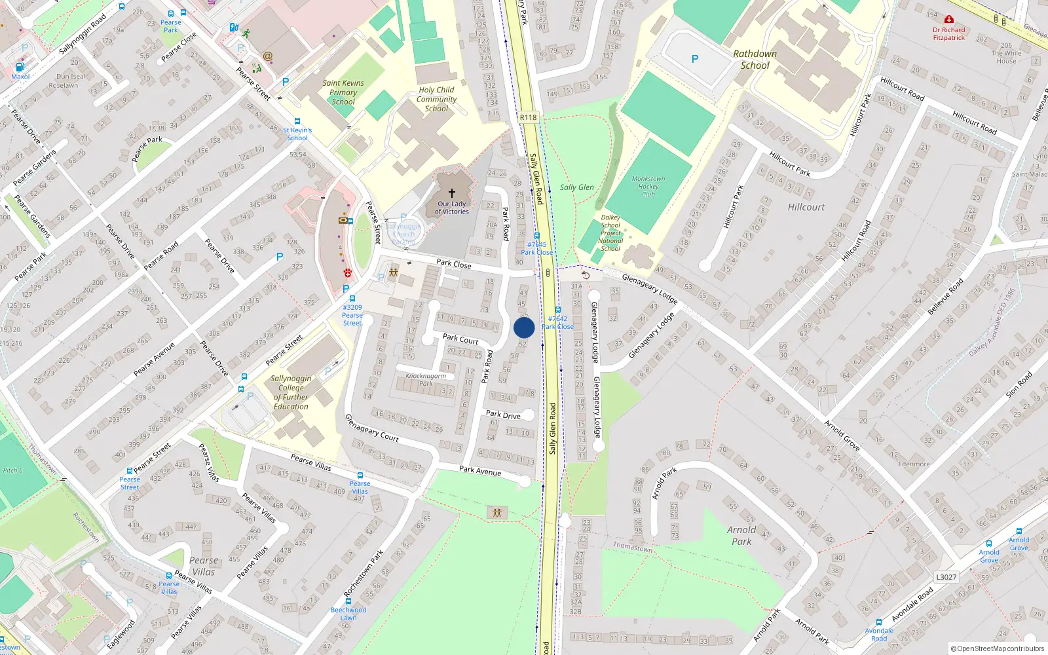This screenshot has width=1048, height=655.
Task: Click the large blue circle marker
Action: coord(524,327)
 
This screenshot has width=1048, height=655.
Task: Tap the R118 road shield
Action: coord(528,117)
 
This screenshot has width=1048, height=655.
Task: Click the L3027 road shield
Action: coord(946,577)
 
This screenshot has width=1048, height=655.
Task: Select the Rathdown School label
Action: coord(755,60)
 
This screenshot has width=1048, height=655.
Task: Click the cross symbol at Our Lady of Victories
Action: coord(452,193)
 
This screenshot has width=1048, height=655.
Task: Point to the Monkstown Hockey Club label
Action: coord(648,187)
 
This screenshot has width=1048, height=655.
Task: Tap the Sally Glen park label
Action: coord(576,187)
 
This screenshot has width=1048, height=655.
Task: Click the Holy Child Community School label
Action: coord(436,100)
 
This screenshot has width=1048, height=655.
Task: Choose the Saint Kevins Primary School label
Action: coord(343,92)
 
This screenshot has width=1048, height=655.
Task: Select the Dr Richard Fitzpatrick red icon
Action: coord(949,20)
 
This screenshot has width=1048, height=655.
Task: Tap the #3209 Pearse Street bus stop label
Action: coord(352,315)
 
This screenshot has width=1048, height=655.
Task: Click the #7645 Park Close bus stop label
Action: coord(537,248)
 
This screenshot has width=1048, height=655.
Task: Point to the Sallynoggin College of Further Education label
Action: coord(291,392)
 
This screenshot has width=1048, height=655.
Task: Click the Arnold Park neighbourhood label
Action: coord(741,536)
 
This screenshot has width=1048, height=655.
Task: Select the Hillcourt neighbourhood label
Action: coord(806,207)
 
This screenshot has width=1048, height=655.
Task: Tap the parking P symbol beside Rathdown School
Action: coord(695,59)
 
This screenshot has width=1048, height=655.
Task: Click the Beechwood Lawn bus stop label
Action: coord(348,613)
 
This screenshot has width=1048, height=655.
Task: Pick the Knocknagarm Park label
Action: coord(426,379)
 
